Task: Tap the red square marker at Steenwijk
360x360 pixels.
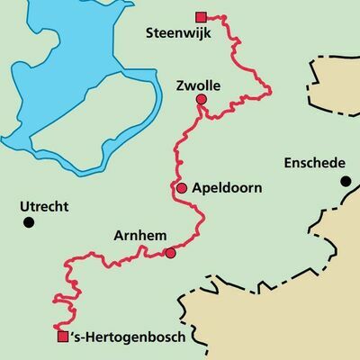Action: [201, 16]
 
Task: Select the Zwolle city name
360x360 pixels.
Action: [200, 85]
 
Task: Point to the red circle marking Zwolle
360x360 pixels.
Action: [202, 100]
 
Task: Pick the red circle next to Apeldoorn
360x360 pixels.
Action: [182, 188]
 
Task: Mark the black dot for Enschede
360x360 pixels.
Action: [345, 181]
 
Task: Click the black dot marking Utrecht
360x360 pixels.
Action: [29, 221]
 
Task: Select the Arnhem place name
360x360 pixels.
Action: [140, 236]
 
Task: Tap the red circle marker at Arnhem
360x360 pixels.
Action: [171, 253]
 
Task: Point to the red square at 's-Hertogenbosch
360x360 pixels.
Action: [62, 337]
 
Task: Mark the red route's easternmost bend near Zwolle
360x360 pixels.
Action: [270, 87]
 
